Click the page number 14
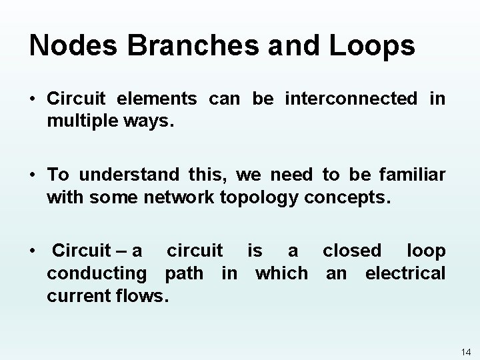tap(466, 351)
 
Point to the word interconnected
tap(351, 99)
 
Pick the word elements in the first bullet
tap(157, 99)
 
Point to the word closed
tap(352, 251)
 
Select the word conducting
tap(97, 273)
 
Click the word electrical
tap(405, 273)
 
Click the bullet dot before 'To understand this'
tap(32, 175)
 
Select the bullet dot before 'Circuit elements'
tap(32, 100)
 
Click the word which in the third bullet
tap(281, 273)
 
